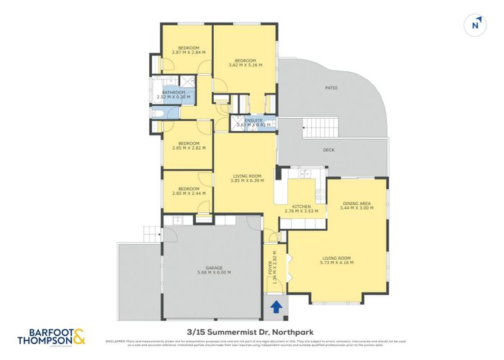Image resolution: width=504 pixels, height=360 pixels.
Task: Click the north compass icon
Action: [x=474, y=24]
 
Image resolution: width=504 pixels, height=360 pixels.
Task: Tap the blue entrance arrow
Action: [x=275, y=310]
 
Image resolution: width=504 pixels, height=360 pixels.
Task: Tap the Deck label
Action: [x=329, y=150]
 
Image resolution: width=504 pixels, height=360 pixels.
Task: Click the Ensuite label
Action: [x=254, y=120]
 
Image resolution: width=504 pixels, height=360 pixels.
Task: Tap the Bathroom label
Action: [x=174, y=92]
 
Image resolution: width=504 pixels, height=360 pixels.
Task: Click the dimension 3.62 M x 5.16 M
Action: [x=246, y=66]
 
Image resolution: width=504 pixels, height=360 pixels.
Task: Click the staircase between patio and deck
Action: [x=316, y=129]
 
